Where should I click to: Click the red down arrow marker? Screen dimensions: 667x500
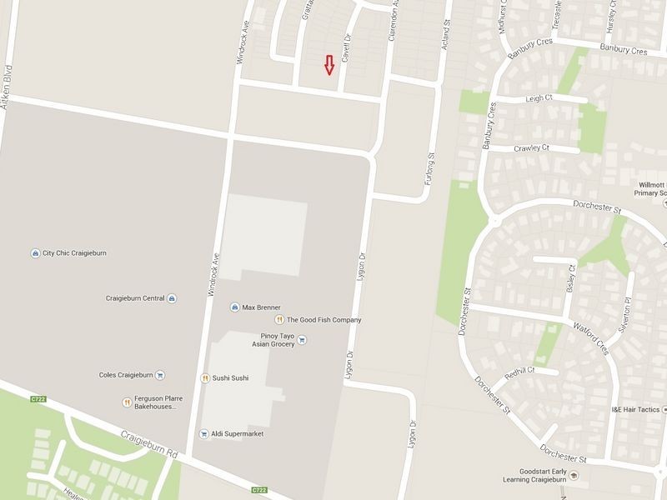coord(329,65)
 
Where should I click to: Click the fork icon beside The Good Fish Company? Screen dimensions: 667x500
coord(280,319)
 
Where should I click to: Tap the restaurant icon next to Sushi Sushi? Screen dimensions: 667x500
coord(204,378)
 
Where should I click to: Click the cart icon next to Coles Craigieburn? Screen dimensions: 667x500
coord(160,375)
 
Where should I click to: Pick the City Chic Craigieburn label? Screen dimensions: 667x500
coord(74,253)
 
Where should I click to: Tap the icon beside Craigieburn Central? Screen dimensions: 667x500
coord(172,297)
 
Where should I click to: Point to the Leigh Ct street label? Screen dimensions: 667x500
coord(539,98)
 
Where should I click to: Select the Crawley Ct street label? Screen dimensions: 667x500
coord(532,147)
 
